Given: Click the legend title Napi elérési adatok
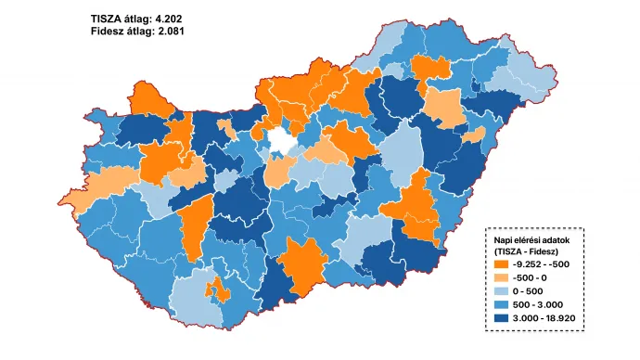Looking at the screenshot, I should tap(536, 239).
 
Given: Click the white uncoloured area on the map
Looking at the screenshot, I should tap(282, 142).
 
